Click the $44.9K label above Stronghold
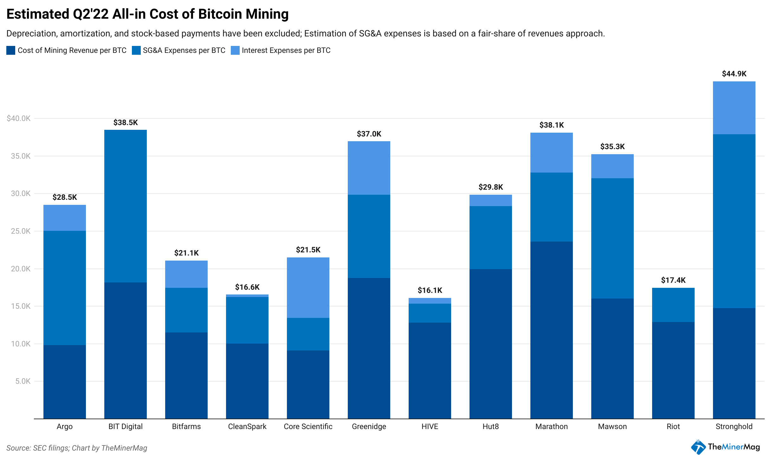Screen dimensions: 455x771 click(x=734, y=74)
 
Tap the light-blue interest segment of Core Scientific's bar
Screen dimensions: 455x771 click(x=308, y=287)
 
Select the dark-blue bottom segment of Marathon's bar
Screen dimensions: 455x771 click(x=551, y=330)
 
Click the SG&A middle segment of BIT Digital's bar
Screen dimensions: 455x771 click(x=125, y=206)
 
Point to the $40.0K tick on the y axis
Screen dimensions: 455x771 click(x=18, y=118)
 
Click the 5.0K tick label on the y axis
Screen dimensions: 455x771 click(x=23, y=381)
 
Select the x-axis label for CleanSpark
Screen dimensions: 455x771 click(x=247, y=427)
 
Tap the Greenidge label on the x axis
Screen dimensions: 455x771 click(x=369, y=427)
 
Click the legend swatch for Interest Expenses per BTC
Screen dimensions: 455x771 click(x=235, y=50)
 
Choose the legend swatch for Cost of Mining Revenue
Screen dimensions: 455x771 click(x=11, y=50)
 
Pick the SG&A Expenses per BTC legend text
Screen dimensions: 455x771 click(x=184, y=50)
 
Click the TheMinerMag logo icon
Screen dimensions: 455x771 click(x=698, y=447)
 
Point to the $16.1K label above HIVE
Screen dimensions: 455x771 click(x=430, y=290)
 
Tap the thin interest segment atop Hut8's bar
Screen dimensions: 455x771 click(x=490, y=200)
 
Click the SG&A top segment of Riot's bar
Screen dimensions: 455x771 click(x=673, y=305)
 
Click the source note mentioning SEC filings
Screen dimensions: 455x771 click(x=77, y=448)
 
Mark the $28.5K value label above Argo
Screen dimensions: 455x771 click(x=64, y=197)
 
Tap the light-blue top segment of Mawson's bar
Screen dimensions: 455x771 click(x=612, y=166)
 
